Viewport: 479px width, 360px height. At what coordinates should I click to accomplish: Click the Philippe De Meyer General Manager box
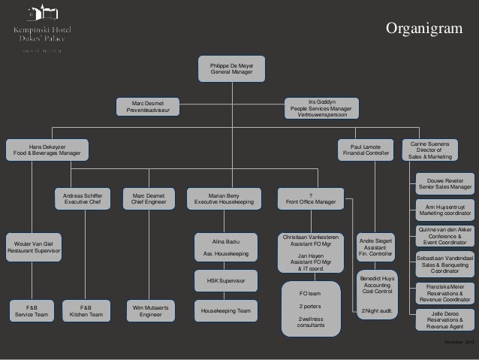231,69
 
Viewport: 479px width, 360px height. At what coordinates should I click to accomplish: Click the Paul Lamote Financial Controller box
366,150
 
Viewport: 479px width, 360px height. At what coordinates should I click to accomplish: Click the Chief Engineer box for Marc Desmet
149,198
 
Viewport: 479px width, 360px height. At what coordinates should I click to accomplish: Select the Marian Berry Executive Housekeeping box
224,198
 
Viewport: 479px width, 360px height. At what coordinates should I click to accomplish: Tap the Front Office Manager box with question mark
311,198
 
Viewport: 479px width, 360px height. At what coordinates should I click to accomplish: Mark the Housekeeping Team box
225,310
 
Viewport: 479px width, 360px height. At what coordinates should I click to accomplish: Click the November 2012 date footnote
459,343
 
